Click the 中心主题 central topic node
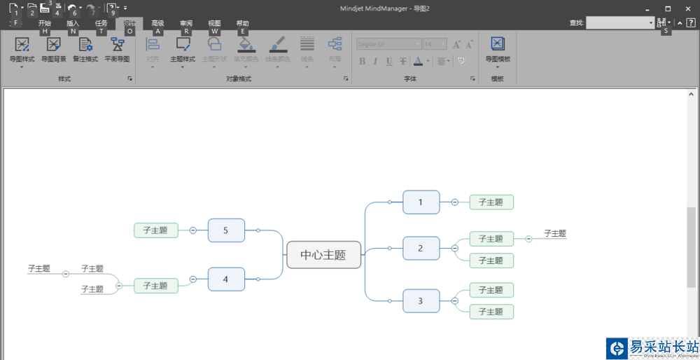pyautogui.click(x=323, y=255)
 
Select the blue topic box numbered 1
pyautogui.click(x=421, y=202)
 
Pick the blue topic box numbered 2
pyautogui.click(x=421, y=248)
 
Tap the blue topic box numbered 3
pyautogui.click(x=421, y=301)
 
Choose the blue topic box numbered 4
pyautogui.click(x=226, y=279)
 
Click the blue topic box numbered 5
pyautogui.click(x=226, y=230)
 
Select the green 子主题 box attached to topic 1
pyautogui.click(x=491, y=202)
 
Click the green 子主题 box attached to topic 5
pyautogui.click(x=155, y=230)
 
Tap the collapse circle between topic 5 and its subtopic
pyautogui.click(x=192, y=230)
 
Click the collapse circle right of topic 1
pyautogui.click(x=454, y=202)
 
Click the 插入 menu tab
pyautogui.click(x=73, y=23)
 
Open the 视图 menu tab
pyautogui.click(x=214, y=23)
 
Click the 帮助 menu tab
pyautogui.click(x=242, y=23)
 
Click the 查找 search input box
pyautogui.click(x=619, y=23)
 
